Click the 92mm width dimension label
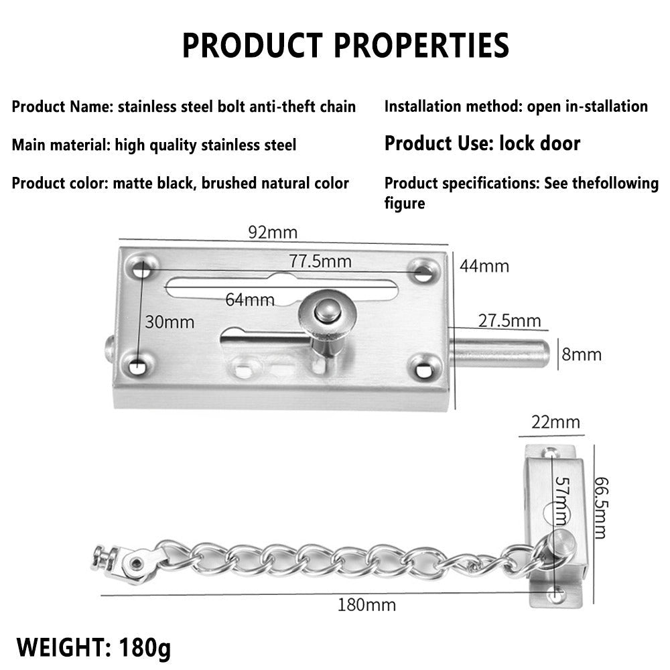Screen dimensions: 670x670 pos(272,233)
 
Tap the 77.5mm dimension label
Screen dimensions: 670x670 pos(320,261)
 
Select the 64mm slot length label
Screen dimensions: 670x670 pos(249,299)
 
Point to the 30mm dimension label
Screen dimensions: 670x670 pos(170,322)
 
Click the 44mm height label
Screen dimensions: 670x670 pos(484,266)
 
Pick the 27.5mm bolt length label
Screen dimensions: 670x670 pos(509,320)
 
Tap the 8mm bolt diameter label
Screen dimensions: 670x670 pos(582,354)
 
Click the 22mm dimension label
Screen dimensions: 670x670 pos(555,422)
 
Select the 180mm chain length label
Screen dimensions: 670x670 pos(367,605)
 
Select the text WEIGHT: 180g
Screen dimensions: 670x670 pos(94,648)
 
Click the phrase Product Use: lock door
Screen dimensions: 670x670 pos(482,143)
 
